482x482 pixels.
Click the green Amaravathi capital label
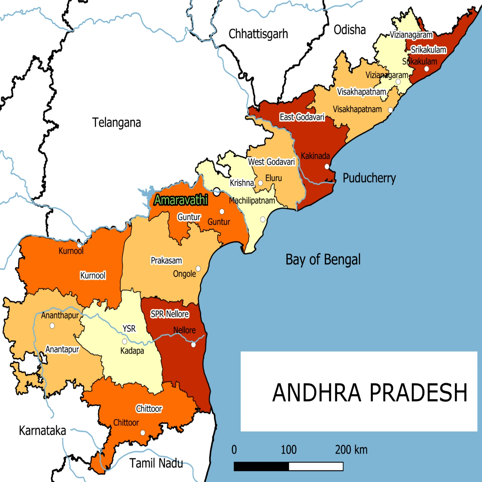pos(181,200)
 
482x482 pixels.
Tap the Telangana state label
pos(116,123)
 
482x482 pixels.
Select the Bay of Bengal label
pos(323,260)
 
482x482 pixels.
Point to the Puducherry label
pos(369,178)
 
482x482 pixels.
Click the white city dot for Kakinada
pos(327,167)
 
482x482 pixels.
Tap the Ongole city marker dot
pos(198,268)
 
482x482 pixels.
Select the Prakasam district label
pos(166,261)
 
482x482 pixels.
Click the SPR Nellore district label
pos(170,314)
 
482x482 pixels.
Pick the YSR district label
pos(129,328)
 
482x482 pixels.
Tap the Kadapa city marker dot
pos(124,342)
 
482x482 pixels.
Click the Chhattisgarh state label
pos(258,34)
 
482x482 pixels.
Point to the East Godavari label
pos(302,117)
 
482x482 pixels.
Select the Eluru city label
pos(274,178)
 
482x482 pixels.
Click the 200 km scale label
pos(351,450)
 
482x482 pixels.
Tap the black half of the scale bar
pos(261,466)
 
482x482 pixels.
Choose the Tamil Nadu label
pos(156,463)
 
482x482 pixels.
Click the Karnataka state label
pos(42,431)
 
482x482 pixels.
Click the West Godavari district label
pos(271,162)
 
